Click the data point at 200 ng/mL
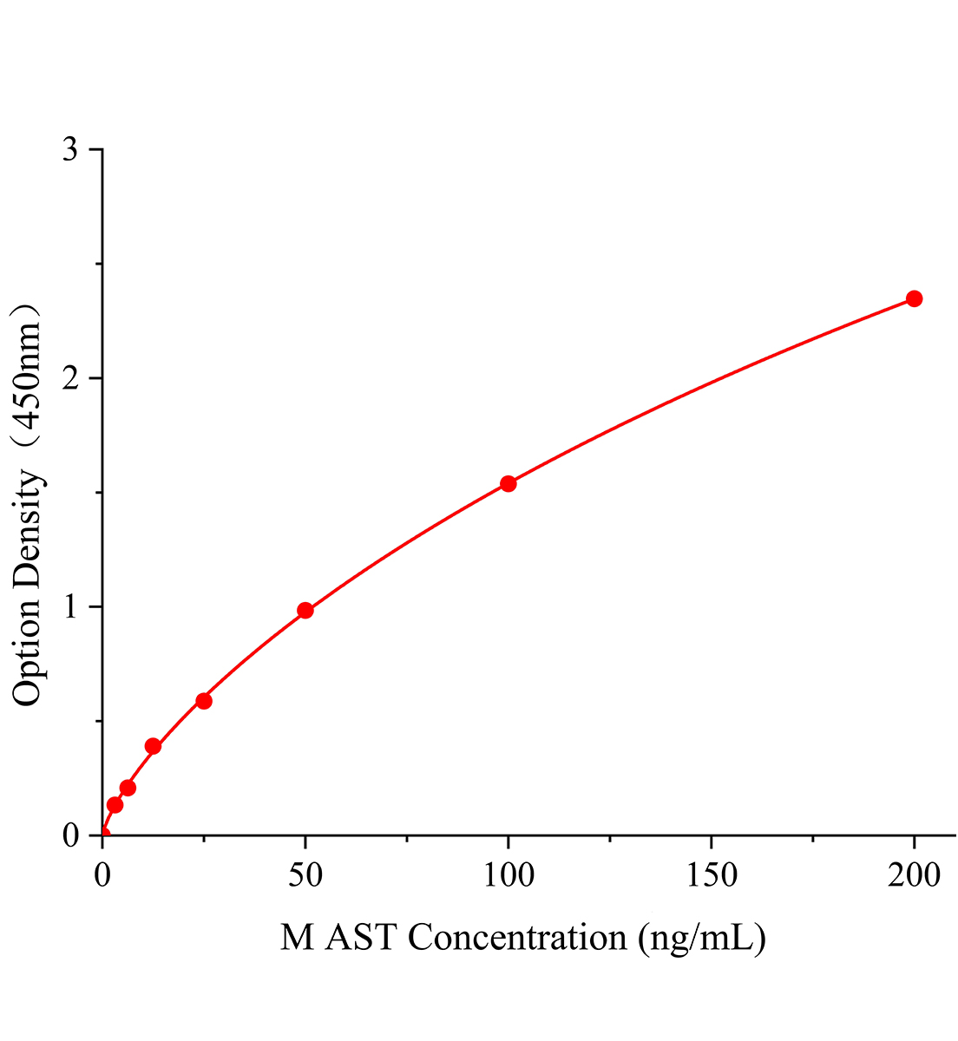[914, 298]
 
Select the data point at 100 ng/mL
[509, 483]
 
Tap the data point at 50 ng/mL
[305, 610]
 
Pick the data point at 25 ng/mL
[204, 700]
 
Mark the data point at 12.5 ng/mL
[154, 745]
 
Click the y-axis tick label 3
[70, 150]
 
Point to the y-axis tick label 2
[70, 378]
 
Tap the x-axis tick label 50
[305, 875]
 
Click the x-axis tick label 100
[509, 875]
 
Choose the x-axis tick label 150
[712, 875]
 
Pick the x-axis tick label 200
[914, 875]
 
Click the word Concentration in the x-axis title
[517, 938]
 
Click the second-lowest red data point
[128, 788]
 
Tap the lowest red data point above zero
[115, 805]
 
